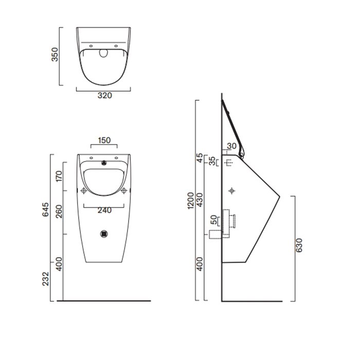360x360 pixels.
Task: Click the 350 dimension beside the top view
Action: coord(55,56)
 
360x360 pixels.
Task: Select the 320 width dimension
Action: coord(104,96)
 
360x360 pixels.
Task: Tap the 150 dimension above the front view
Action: coord(104,140)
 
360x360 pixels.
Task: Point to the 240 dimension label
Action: coord(104,210)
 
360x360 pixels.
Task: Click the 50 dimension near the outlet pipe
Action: coord(214,220)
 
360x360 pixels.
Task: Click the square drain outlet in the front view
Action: coord(104,233)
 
